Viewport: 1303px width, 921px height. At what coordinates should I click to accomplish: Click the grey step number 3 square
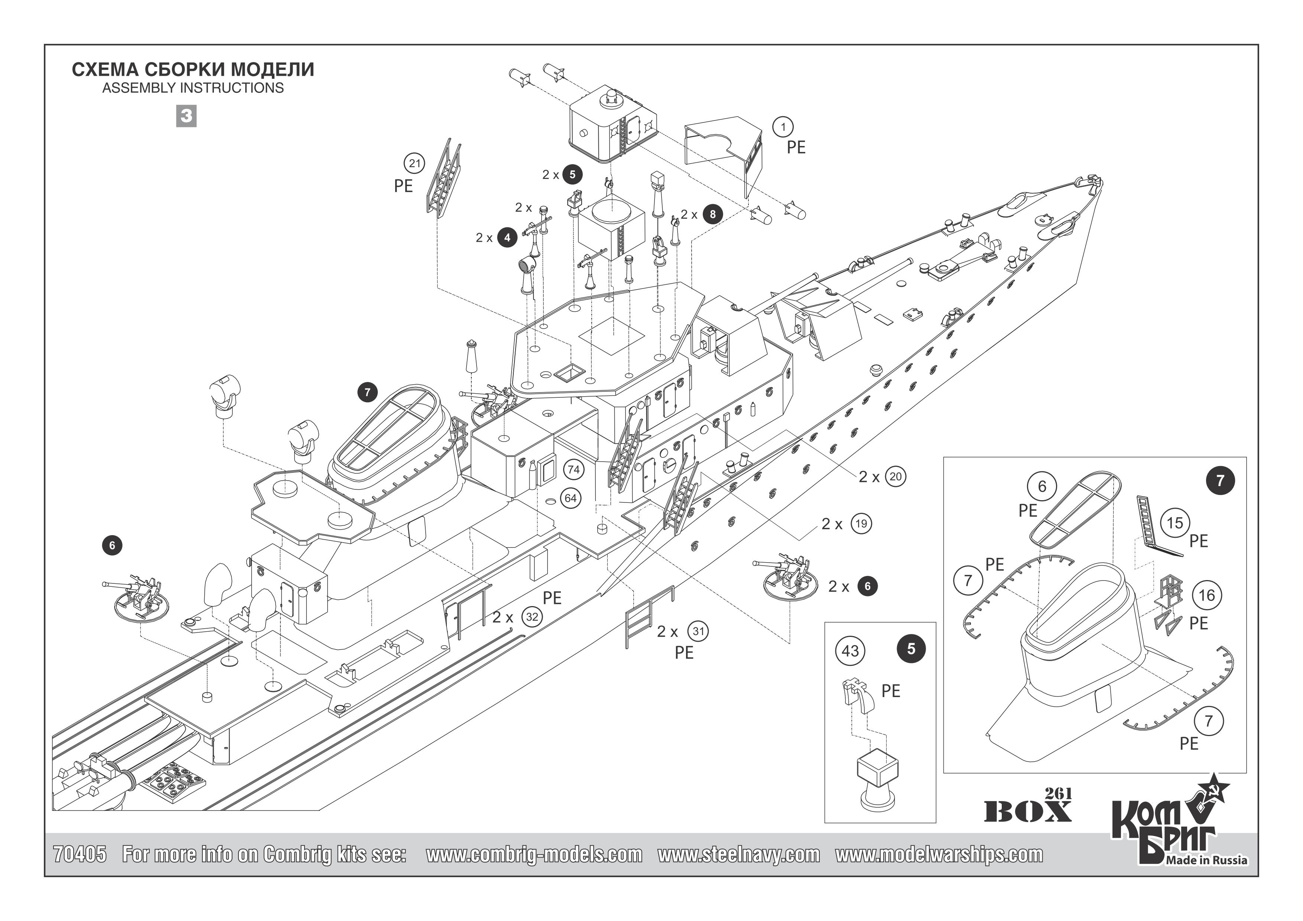186,116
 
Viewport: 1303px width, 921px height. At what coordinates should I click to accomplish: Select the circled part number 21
415,164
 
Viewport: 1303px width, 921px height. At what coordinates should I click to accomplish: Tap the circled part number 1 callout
784,127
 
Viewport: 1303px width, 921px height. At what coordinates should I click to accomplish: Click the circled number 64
571,498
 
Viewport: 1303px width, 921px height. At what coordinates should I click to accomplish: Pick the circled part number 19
861,523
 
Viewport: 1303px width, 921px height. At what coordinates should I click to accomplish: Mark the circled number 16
1206,595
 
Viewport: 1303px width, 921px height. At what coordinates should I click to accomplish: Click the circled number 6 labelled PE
1042,486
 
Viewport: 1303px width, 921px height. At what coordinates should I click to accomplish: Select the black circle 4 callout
507,237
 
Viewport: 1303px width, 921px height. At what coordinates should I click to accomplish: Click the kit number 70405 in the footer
79,854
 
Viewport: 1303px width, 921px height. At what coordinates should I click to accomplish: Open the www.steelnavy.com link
738,854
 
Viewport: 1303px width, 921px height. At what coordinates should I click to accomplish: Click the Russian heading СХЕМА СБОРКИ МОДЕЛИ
193,70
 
